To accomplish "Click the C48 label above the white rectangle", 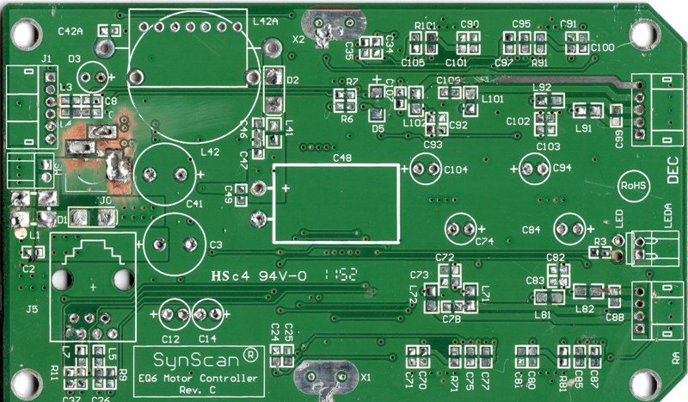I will (341, 158).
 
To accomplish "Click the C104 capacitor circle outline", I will (427, 169).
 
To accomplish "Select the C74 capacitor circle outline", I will (461, 229).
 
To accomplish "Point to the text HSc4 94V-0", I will (259, 276).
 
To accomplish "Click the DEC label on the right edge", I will (674, 175).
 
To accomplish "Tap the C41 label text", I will (193, 204).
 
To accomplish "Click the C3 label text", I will (215, 245).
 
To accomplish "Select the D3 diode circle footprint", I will (90, 78).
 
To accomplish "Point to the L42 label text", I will (209, 152).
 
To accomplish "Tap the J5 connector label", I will (33, 307).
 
